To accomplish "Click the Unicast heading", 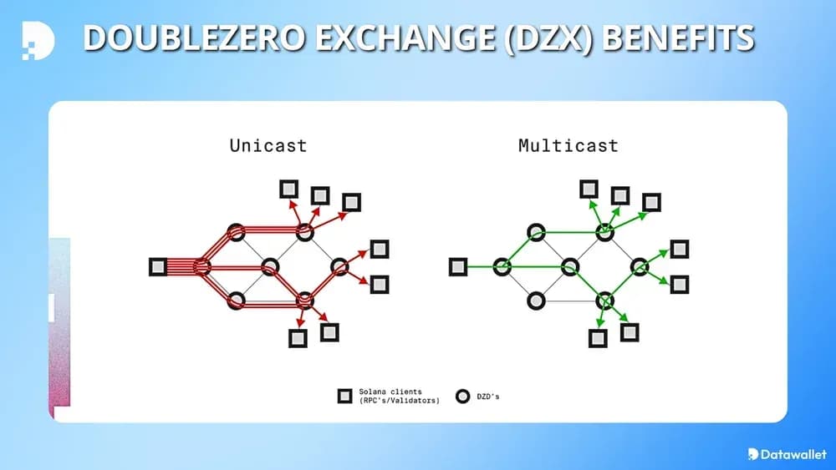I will [268, 145].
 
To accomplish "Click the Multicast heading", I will [568, 145].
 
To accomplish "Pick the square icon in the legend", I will [344, 396].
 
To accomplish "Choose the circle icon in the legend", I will [461, 396].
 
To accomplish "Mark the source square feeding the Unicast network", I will [158, 266].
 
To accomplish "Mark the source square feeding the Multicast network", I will [457, 266].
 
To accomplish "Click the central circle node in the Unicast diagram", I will [270, 267].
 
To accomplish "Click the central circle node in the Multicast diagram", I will [570, 267].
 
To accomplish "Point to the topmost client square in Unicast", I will [288, 189].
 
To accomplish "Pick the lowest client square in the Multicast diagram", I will [598, 338].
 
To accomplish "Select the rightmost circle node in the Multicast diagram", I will [640, 267].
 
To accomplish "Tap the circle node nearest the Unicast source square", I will [201, 267].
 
